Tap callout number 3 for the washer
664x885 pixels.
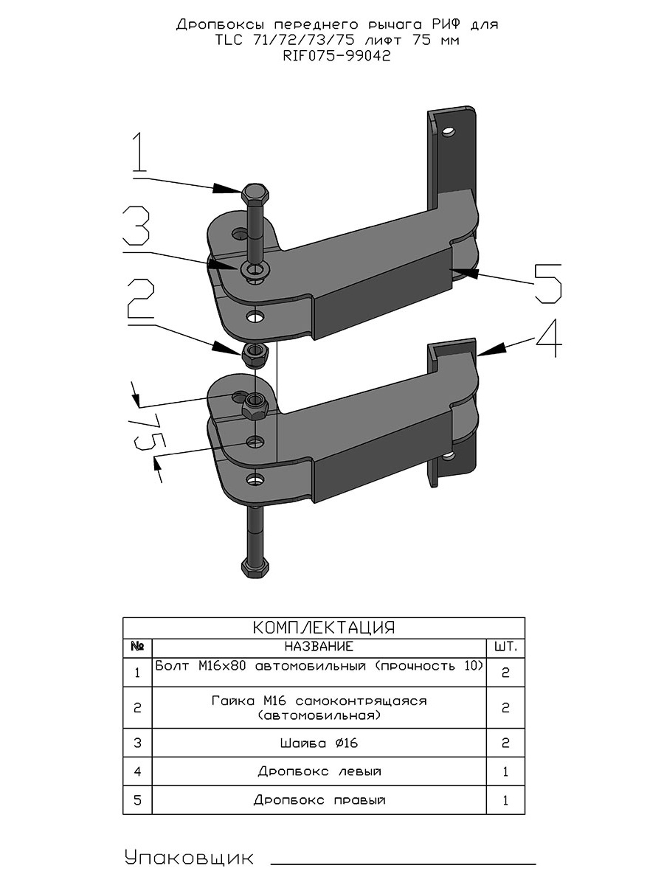coord(136,226)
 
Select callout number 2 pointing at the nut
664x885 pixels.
coord(141,299)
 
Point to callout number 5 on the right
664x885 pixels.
coord(548,284)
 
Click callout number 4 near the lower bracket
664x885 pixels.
coord(550,339)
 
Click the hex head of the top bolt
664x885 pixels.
coord(255,195)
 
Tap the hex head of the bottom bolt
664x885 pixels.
coord(255,568)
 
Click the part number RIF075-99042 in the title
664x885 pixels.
coord(337,56)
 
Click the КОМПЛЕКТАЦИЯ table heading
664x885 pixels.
coord(324,627)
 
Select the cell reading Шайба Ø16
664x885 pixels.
coord(319,743)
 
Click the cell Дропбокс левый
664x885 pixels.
coord(319,771)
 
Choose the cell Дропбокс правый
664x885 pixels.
coord(319,800)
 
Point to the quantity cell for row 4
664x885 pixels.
coord(505,771)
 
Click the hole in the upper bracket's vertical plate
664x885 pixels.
coord(448,131)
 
